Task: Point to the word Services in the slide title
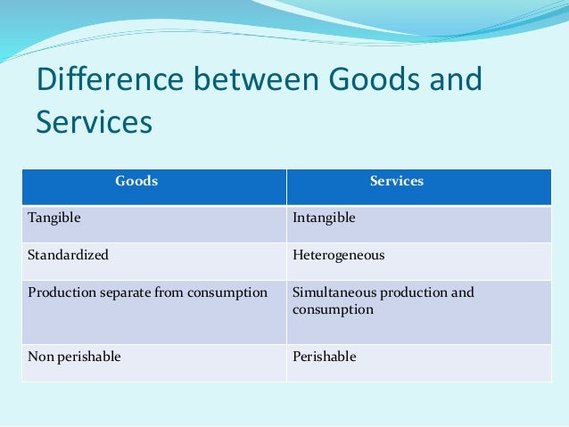[x=94, y=122]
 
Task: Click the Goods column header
[x=136, y=181]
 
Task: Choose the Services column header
[x=397, y=181]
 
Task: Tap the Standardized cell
[x=68, y=255]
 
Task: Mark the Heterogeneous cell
[x=338, y=255]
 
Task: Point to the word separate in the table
[x=128, y=292]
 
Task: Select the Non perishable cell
[x=74, y=357]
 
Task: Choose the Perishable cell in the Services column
[x=324, y=357]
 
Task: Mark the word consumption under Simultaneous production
[x=333, y=310]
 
